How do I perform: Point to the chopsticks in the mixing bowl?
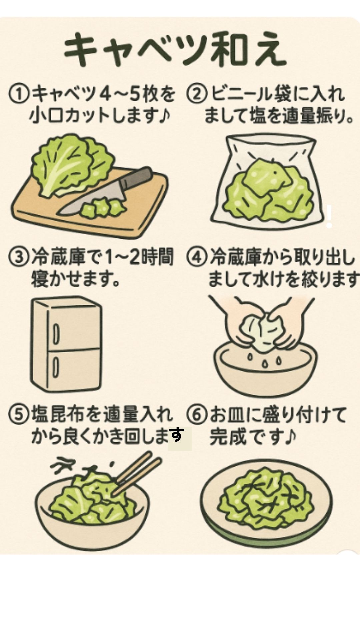(x=137, y=470)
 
